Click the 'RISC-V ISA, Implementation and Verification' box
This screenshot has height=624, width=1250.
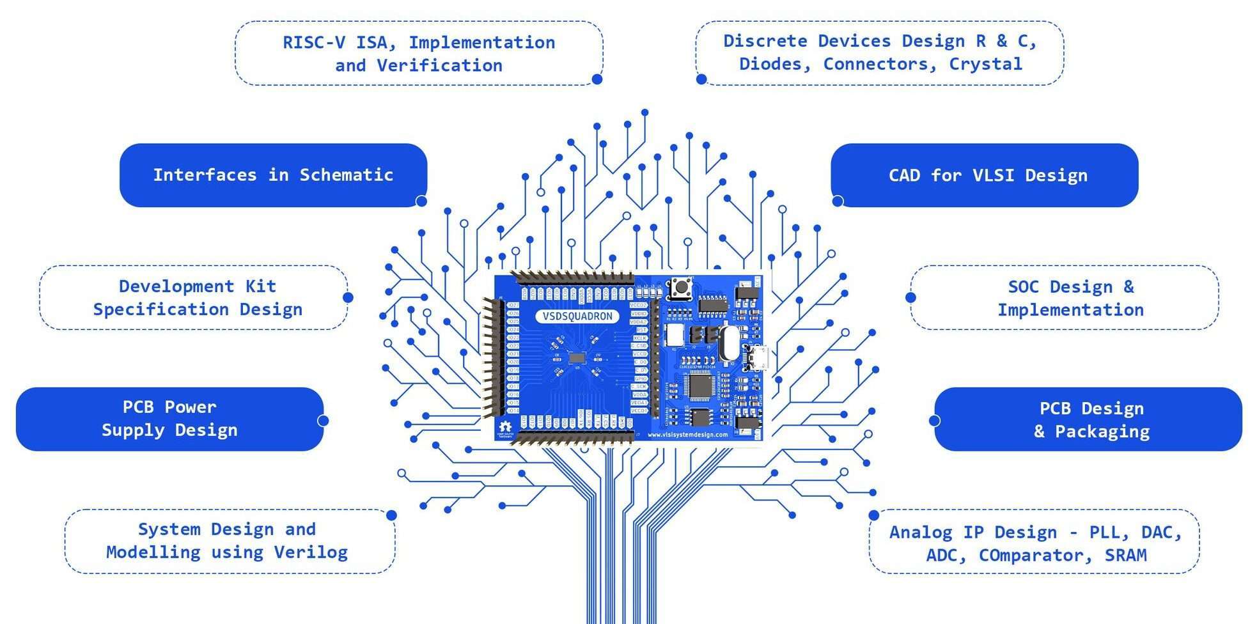[419, 54]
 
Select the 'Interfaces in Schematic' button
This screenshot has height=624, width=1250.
[273, 175]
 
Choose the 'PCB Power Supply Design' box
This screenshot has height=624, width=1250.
[169, 419]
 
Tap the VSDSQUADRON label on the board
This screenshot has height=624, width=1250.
[577, 316]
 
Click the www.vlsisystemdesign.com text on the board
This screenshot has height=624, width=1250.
[687, 435]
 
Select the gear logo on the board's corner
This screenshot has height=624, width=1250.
[505, 427]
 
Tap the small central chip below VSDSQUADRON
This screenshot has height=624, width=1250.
[577, 358]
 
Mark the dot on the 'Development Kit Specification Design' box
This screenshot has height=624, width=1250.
[348, 297]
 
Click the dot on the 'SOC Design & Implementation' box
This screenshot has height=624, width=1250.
[910, 297]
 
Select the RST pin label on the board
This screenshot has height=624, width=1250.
[640, 330]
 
